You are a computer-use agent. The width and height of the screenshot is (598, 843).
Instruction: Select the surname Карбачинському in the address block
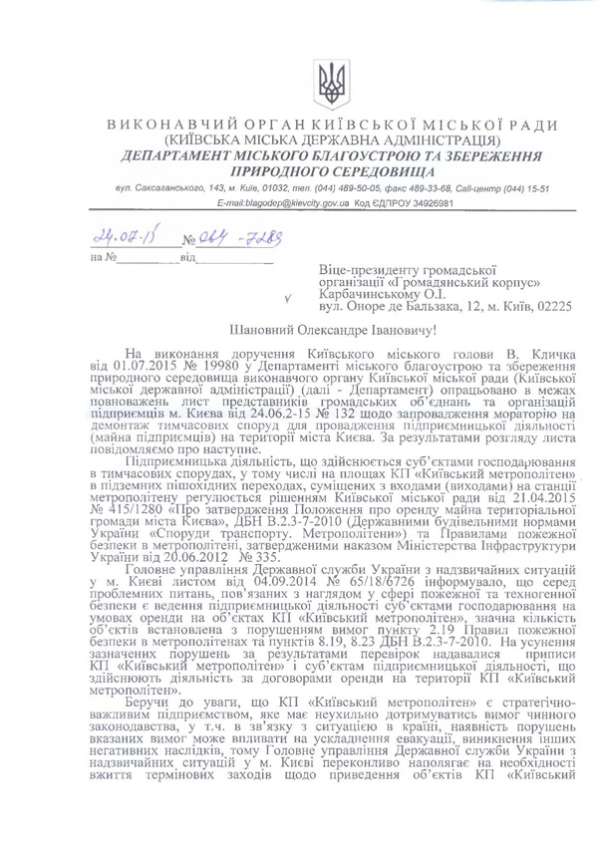click(x=371, y=295)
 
